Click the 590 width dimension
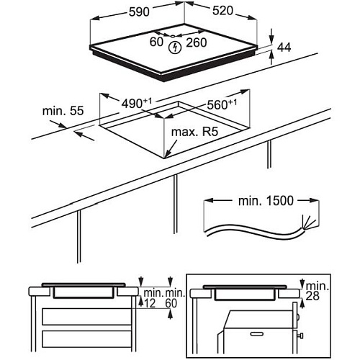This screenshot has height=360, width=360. [139, 12]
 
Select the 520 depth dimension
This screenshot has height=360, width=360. [222, 11]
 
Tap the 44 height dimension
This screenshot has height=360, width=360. [284, 48]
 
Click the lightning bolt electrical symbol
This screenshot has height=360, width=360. [175, 48]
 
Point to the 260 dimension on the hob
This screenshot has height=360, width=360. [197, 42]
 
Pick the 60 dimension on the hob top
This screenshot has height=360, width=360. [156, 42]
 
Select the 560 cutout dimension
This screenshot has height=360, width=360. [222, 104]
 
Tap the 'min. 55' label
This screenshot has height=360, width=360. [63, 111]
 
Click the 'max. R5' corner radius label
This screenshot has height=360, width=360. [194, 132]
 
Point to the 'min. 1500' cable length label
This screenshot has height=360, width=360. [266, 201]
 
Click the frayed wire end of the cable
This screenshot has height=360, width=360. [307, 222]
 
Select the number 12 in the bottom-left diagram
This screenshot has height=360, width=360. [150, 303]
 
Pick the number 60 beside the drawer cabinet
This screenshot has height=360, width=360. [171, 303]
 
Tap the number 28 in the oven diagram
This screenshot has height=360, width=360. [312, 296]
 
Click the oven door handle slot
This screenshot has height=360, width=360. [256, 334]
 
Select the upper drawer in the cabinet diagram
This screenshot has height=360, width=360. [86, 317]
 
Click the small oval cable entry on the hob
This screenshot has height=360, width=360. [173, 36]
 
